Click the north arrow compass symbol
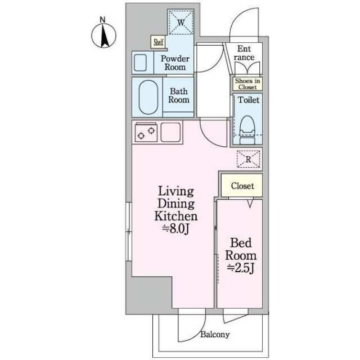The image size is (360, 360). pos(103,36)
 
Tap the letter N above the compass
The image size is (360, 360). pos(102,20)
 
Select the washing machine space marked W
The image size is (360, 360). pos(181,22)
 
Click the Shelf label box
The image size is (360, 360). pos(159,42)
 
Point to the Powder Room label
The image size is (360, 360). pos(175,62)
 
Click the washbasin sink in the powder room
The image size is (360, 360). pos(140,62)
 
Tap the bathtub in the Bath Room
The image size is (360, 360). pos(148,97)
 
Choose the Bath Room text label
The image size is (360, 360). pos(179,96)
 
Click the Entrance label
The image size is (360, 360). pos(244,53)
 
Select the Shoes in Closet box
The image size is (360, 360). pos(247,84)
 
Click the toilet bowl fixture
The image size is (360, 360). pos(247,130)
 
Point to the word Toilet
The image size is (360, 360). pos(249,100)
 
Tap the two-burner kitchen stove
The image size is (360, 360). pos(146,133)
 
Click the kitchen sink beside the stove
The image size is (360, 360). pos(170,132)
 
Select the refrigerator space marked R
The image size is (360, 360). pos(249,159)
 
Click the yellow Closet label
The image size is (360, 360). pos(242,186)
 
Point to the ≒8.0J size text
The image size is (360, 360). pos(175,229)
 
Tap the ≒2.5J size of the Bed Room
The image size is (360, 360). pos(241,268)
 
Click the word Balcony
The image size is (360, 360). pos(215,335)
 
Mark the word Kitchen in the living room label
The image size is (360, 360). pos(176,216)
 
